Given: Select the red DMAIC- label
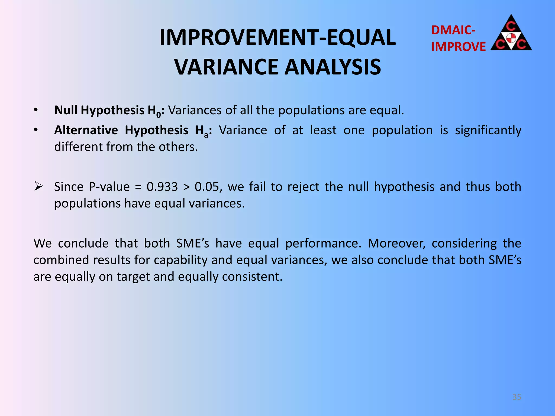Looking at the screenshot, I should pos(453,30).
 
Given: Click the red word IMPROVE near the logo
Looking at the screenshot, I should pos(458,47).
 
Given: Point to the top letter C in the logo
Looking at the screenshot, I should pos(511,26).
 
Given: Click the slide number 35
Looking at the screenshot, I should pos(517,397).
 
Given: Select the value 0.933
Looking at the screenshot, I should pos(162,187).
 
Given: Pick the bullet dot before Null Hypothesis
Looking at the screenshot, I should pos(36,110).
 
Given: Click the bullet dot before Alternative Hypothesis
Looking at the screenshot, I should pos(36,130).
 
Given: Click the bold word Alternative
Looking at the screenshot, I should pos(86,130).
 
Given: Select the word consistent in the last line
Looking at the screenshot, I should pos(252,277).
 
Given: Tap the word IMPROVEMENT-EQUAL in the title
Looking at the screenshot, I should pos(277,37).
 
